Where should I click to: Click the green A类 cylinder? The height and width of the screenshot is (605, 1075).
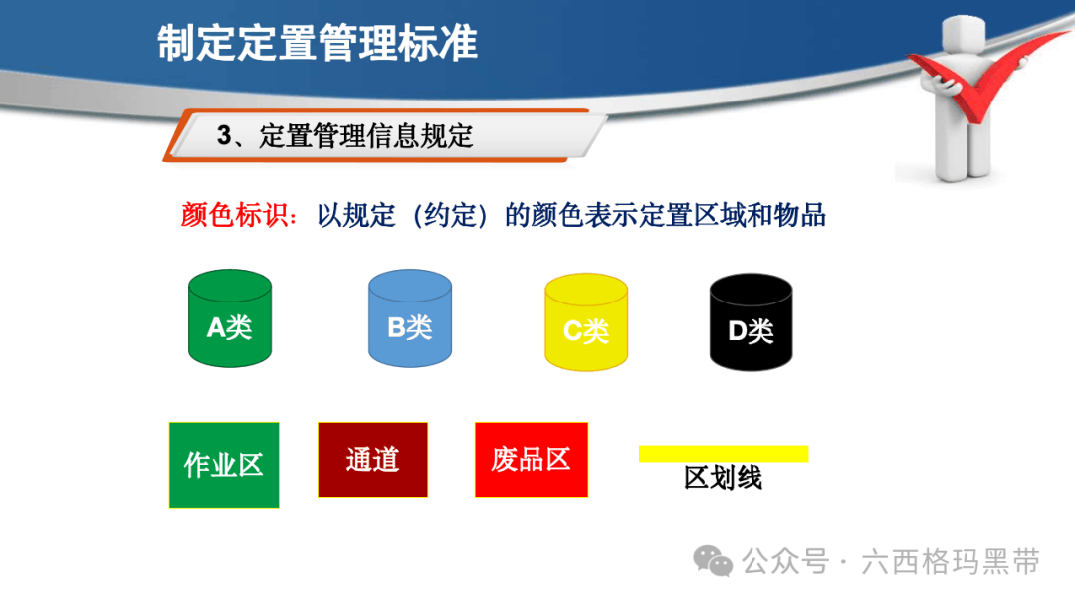tap(230, 317)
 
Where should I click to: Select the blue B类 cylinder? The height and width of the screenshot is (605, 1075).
tap(410, 317)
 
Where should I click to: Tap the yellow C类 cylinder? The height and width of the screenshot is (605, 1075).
tap(586, 322)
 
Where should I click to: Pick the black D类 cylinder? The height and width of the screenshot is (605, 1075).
tap(751, 322)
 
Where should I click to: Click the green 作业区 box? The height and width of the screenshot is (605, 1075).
tap(224, 466)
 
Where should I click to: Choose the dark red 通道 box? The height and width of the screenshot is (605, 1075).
tap(373, 459)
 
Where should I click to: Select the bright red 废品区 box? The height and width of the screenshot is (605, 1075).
tap(532, 459)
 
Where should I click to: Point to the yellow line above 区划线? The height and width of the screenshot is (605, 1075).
tap(724, 454)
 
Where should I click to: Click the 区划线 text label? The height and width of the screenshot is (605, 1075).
tap(724, 478)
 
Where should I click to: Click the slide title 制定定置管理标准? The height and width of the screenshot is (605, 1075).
tap(318, 43)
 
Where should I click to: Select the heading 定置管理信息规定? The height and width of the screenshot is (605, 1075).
tap(366, 135)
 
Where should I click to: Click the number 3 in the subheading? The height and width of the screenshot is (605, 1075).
tap(224, 135)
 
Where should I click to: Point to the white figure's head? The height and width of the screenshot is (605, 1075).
tap(964, 34)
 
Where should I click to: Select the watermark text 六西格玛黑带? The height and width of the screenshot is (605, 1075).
tap(951, 562)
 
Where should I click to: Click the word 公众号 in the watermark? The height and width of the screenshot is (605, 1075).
tap(785, 562)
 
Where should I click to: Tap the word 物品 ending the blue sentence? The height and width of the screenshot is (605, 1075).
tap(800, 215)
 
